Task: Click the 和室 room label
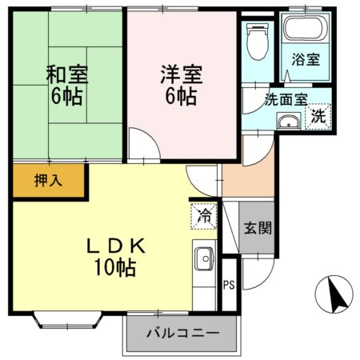click(67, 74)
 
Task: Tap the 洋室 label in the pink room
click(182, 74)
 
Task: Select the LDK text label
click(116, 246)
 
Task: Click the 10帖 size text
click(115, 267)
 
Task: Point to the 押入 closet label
click(48, 181)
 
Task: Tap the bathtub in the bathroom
click(306, 28)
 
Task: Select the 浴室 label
click(306, 59)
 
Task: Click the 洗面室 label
click(286, 99)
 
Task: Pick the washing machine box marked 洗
click(318, 116)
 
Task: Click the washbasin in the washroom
click(289, 121)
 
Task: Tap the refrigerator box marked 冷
click(204, 216)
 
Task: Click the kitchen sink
click(205, 258)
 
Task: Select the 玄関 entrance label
click(258, 228)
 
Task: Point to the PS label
click(229, 285)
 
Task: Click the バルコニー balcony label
click(183, 333)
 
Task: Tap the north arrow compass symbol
click(334, 294)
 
